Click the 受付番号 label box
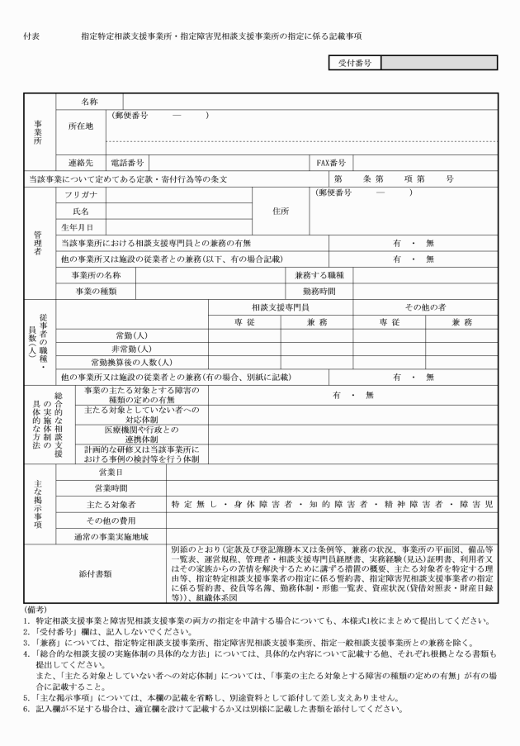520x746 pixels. click(355, 63)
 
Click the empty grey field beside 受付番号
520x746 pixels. click(438, 63)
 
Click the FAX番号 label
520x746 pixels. click(332, 163)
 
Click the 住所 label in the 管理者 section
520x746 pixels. click(281, 210)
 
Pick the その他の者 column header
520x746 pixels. click(426, 306)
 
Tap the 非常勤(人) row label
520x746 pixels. click(130, 348)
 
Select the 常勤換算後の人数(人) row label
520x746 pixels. click(130, 362)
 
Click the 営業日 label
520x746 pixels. click(111, 472)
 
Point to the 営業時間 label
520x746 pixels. click(111, 487)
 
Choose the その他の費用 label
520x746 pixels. click(111, 520)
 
